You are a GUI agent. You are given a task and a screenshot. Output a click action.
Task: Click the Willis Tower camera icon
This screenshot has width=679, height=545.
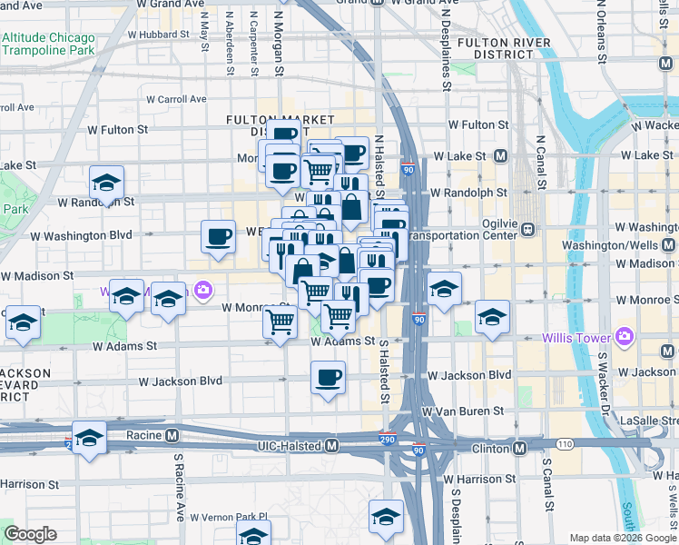point(624,337)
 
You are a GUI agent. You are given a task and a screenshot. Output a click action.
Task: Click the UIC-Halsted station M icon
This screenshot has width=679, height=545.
point(332,446)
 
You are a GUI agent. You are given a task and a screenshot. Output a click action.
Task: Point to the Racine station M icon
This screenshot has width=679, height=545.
point(171,435)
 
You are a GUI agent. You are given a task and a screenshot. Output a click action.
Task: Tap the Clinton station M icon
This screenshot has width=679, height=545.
point(520,448)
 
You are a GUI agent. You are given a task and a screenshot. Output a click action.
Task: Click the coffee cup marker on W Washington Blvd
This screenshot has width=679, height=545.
point(218,237)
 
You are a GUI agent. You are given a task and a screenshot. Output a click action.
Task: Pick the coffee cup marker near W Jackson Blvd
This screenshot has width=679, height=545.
point(328,376)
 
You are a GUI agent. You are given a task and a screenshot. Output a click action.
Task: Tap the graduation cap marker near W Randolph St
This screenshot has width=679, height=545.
point(106,183)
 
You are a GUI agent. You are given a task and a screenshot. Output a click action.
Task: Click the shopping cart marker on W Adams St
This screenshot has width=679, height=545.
point(280,322)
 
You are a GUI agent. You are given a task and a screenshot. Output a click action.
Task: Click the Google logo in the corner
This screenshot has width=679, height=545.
point(30,534)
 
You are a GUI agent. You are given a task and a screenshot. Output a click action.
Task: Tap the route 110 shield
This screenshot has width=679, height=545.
point(565,444)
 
